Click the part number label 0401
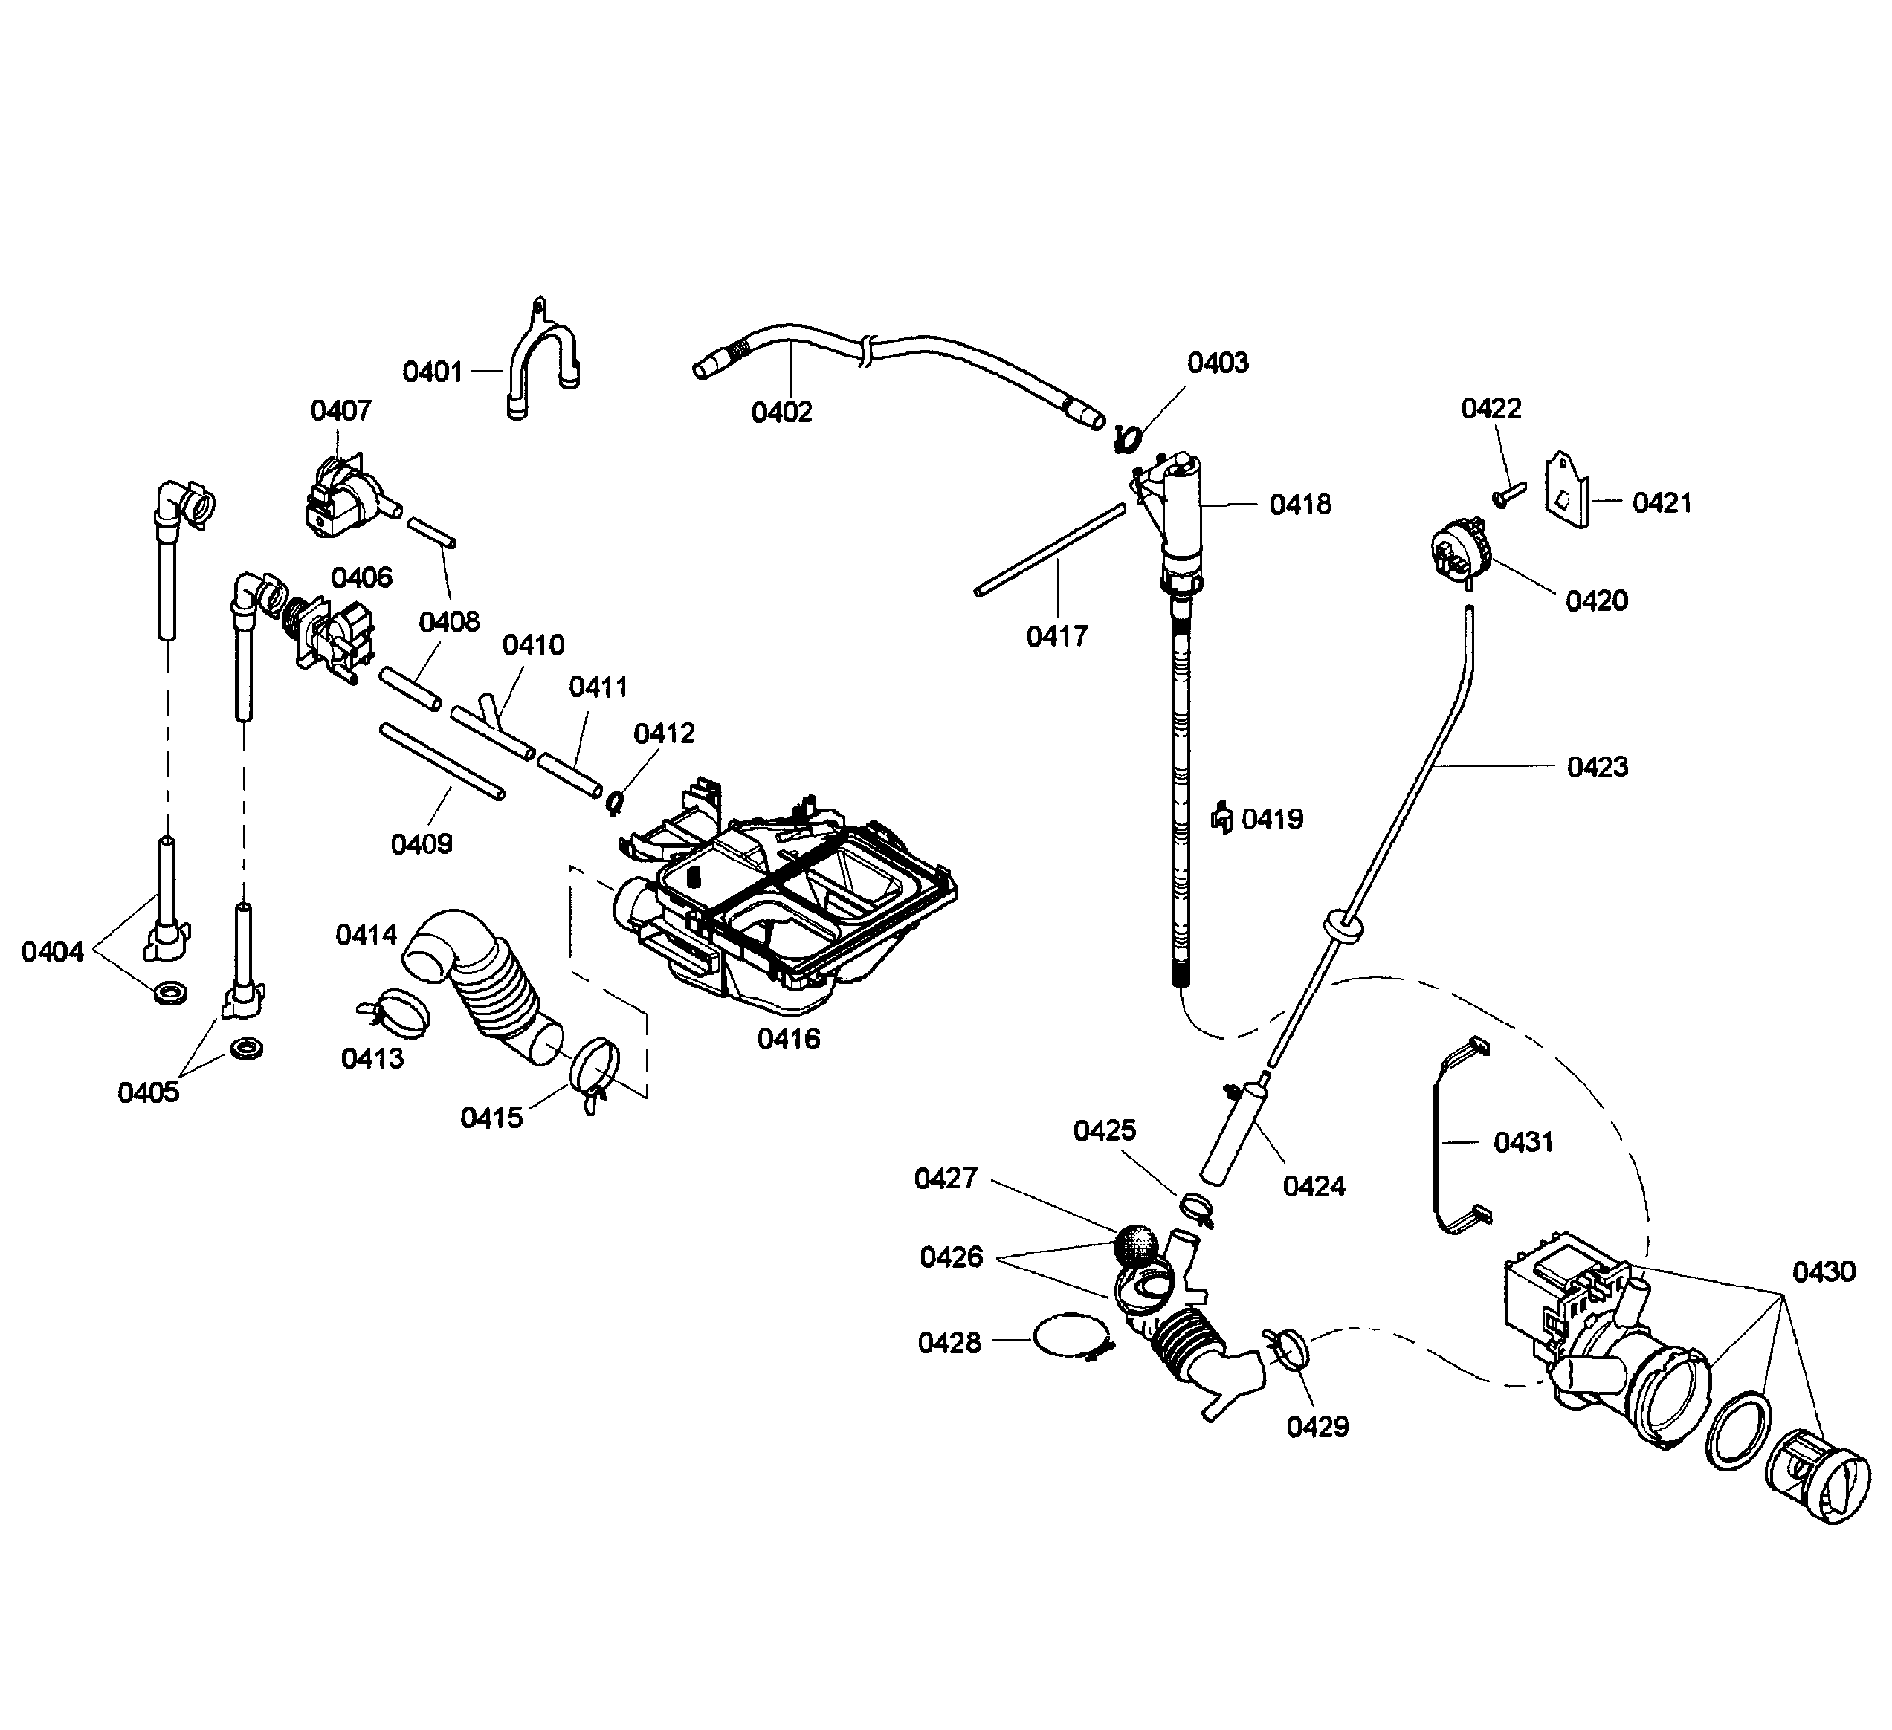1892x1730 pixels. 433,372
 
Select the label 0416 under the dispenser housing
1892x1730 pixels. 788,1039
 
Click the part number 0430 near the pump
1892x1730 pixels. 1824,1272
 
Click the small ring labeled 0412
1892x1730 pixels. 616,802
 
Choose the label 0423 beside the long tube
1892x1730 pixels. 1598,768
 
